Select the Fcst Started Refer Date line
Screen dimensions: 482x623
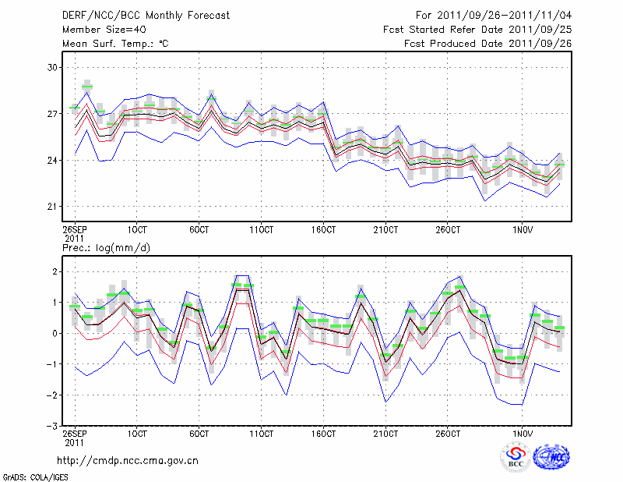[477, 29]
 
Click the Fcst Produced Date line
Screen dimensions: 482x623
[487, 44]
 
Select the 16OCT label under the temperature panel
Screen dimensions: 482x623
[323, 230]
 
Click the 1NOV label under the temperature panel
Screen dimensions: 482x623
[523, 230]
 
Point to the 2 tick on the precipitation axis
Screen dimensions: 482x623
[55, 271]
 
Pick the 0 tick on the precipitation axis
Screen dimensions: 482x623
[55, 333]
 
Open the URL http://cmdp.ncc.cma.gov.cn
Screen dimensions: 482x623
[128, 461]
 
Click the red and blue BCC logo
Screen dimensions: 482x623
[516, 456]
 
